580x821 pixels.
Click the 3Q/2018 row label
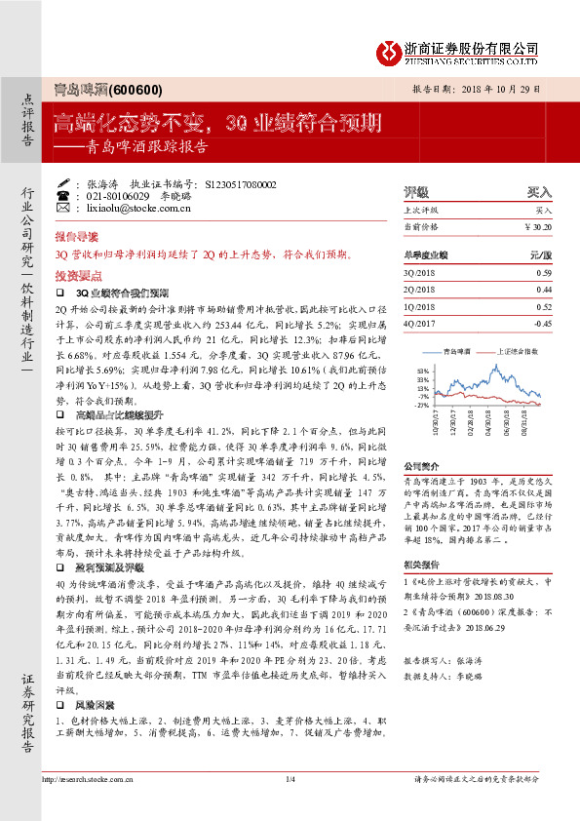point(418,273)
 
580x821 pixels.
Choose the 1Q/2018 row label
point(418,306)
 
